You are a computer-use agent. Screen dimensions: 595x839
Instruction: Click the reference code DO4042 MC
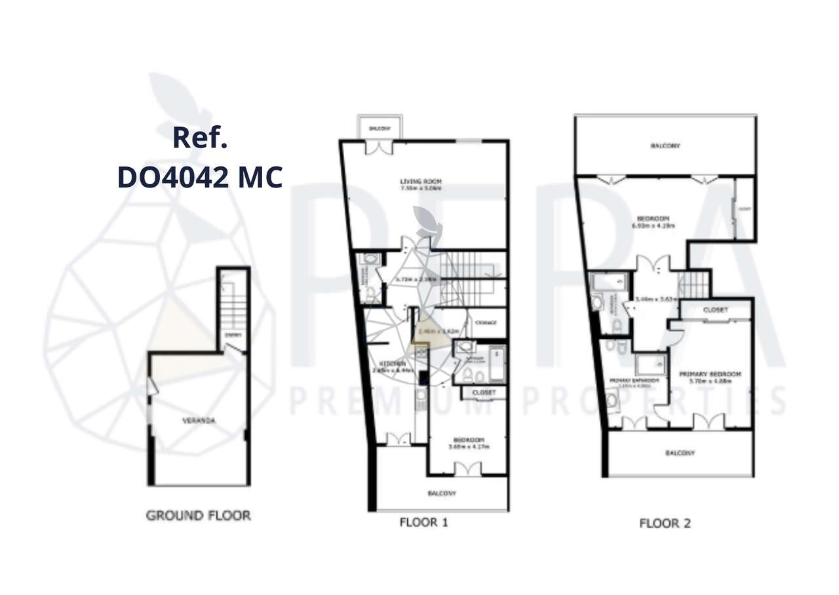pyautogui.click(x=200, y=178)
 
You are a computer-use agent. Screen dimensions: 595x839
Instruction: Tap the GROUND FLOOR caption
pyautogui.click(x=198, y=516)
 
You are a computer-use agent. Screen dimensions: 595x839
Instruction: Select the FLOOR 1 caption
pyautogui.click(x=423, y=522)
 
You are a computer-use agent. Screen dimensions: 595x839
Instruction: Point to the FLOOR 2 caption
pyautogui.click(x=665, y=523)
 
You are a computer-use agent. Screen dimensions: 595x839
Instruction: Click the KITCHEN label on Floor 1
pyautogui.click(x=390, y=364)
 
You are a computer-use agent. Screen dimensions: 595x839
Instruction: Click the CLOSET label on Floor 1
pyautogui.click(x=484, y=393)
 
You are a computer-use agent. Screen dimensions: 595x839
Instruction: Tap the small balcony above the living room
pyautogui.click(x=380, y=129)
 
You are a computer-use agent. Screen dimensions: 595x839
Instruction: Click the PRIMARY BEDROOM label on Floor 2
pyautogui.click(x=710, y=374)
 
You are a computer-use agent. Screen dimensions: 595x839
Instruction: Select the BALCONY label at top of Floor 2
pyautogui.click(x=665, y=145)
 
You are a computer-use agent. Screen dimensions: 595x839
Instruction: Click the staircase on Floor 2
pyautogui.click(x=694, y=284)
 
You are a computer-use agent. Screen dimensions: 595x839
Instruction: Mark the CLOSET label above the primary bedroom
pyautogui.click(x=715, y=309)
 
